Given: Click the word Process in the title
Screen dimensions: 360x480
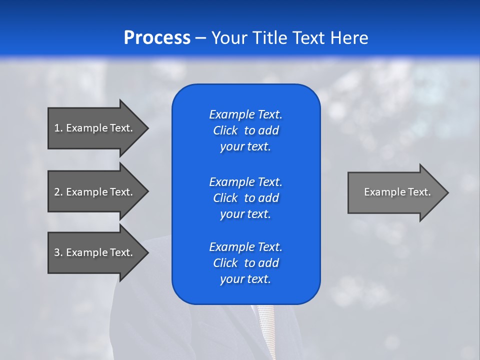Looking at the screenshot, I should point(157,38).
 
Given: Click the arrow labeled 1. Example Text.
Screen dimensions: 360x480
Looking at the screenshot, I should point(95,128).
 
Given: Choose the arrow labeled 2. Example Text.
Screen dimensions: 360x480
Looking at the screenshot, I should point(95,192).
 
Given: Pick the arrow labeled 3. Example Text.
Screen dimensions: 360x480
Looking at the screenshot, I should point(95,252).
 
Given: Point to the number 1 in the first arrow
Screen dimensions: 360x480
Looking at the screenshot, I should point(57,128).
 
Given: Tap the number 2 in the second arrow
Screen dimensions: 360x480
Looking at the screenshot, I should point(57,192).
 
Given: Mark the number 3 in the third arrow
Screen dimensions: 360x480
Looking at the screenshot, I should point(57,252).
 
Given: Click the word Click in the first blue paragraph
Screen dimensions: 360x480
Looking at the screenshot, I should point(225,131).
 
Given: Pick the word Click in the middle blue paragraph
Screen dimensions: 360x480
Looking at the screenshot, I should point(225,198).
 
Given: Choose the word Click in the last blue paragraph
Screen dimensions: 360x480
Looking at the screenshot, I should point(225,263).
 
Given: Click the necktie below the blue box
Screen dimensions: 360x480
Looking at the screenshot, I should point(265,330).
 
